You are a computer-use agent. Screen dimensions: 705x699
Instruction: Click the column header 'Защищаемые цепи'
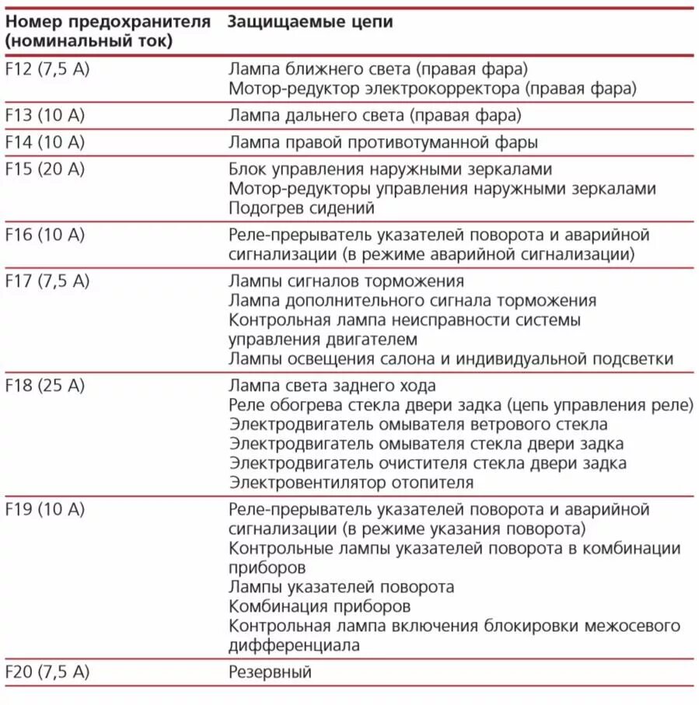point(310,22)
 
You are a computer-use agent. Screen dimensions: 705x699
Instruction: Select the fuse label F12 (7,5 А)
point(47,68)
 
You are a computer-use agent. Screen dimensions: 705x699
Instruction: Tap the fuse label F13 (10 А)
point(44,115)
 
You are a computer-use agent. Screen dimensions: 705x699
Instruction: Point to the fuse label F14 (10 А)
point(44,142)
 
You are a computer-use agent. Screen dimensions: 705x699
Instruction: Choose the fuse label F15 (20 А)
point(44,169)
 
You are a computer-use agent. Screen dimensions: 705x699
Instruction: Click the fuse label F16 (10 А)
point(44,235)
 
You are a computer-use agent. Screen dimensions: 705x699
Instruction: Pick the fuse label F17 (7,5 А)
point(47,281)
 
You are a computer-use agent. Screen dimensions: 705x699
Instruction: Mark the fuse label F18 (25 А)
point(44,386)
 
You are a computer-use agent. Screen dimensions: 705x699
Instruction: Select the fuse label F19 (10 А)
point(44,510)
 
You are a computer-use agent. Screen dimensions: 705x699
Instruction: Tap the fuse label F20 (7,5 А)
point(47,672)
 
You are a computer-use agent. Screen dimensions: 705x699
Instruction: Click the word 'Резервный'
point(270,672)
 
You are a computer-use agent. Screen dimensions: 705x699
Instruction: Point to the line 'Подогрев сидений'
point(302,208)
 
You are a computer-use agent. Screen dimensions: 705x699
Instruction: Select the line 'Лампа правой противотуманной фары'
point(383,142)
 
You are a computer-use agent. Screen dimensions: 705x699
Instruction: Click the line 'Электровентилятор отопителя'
point(351,483)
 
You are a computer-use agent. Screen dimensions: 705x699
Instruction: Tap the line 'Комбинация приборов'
point(320,606)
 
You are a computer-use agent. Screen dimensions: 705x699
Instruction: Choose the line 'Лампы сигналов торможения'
point(346,281)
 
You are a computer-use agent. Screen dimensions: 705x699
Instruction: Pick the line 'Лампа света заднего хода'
point(333,386)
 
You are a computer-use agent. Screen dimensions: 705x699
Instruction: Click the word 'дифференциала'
point(295,645)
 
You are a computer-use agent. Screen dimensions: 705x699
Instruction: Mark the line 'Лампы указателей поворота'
point(341,587)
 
